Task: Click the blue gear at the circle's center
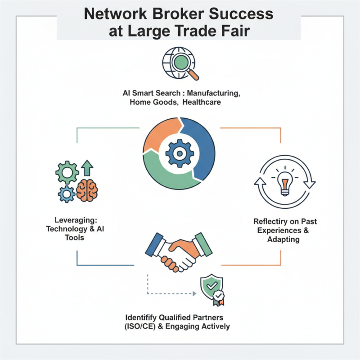click(180, 153)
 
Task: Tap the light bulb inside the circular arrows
click(284, 182)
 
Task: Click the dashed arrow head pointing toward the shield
click(194, 293)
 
